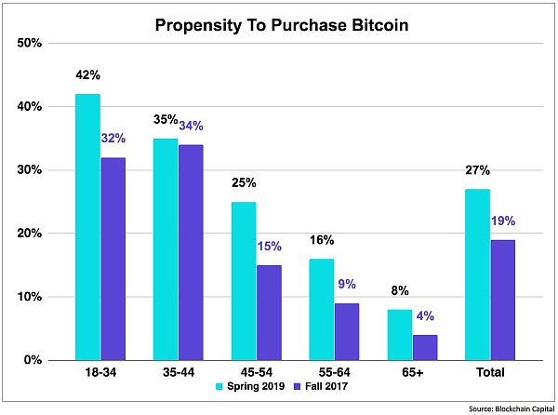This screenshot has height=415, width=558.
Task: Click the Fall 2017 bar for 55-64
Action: click(348, 330)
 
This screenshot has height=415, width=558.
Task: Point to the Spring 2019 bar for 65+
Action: click(400, 334)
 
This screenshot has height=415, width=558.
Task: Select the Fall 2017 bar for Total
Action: click(503, 299)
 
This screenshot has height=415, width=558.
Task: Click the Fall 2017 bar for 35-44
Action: click(192, 251)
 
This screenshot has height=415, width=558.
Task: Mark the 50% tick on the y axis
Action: click(30, 43)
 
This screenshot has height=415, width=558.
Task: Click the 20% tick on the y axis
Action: click(30, 234)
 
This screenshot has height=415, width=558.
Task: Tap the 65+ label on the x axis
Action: click(413, 372)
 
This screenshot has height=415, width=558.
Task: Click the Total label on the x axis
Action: click(490, 372)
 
